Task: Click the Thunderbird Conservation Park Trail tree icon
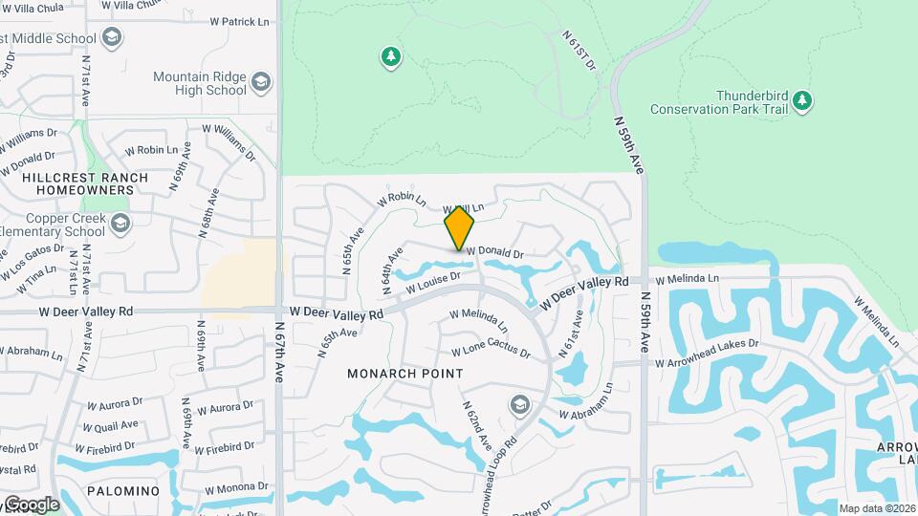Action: (x=802, y=99)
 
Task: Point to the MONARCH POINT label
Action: (x=405, y=374)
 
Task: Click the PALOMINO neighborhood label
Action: (x=121, y=490)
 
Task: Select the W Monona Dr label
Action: (x=234, y=487)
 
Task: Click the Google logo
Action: (x=31, y=504)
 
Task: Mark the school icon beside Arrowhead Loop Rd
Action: (x=519, y=405)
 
